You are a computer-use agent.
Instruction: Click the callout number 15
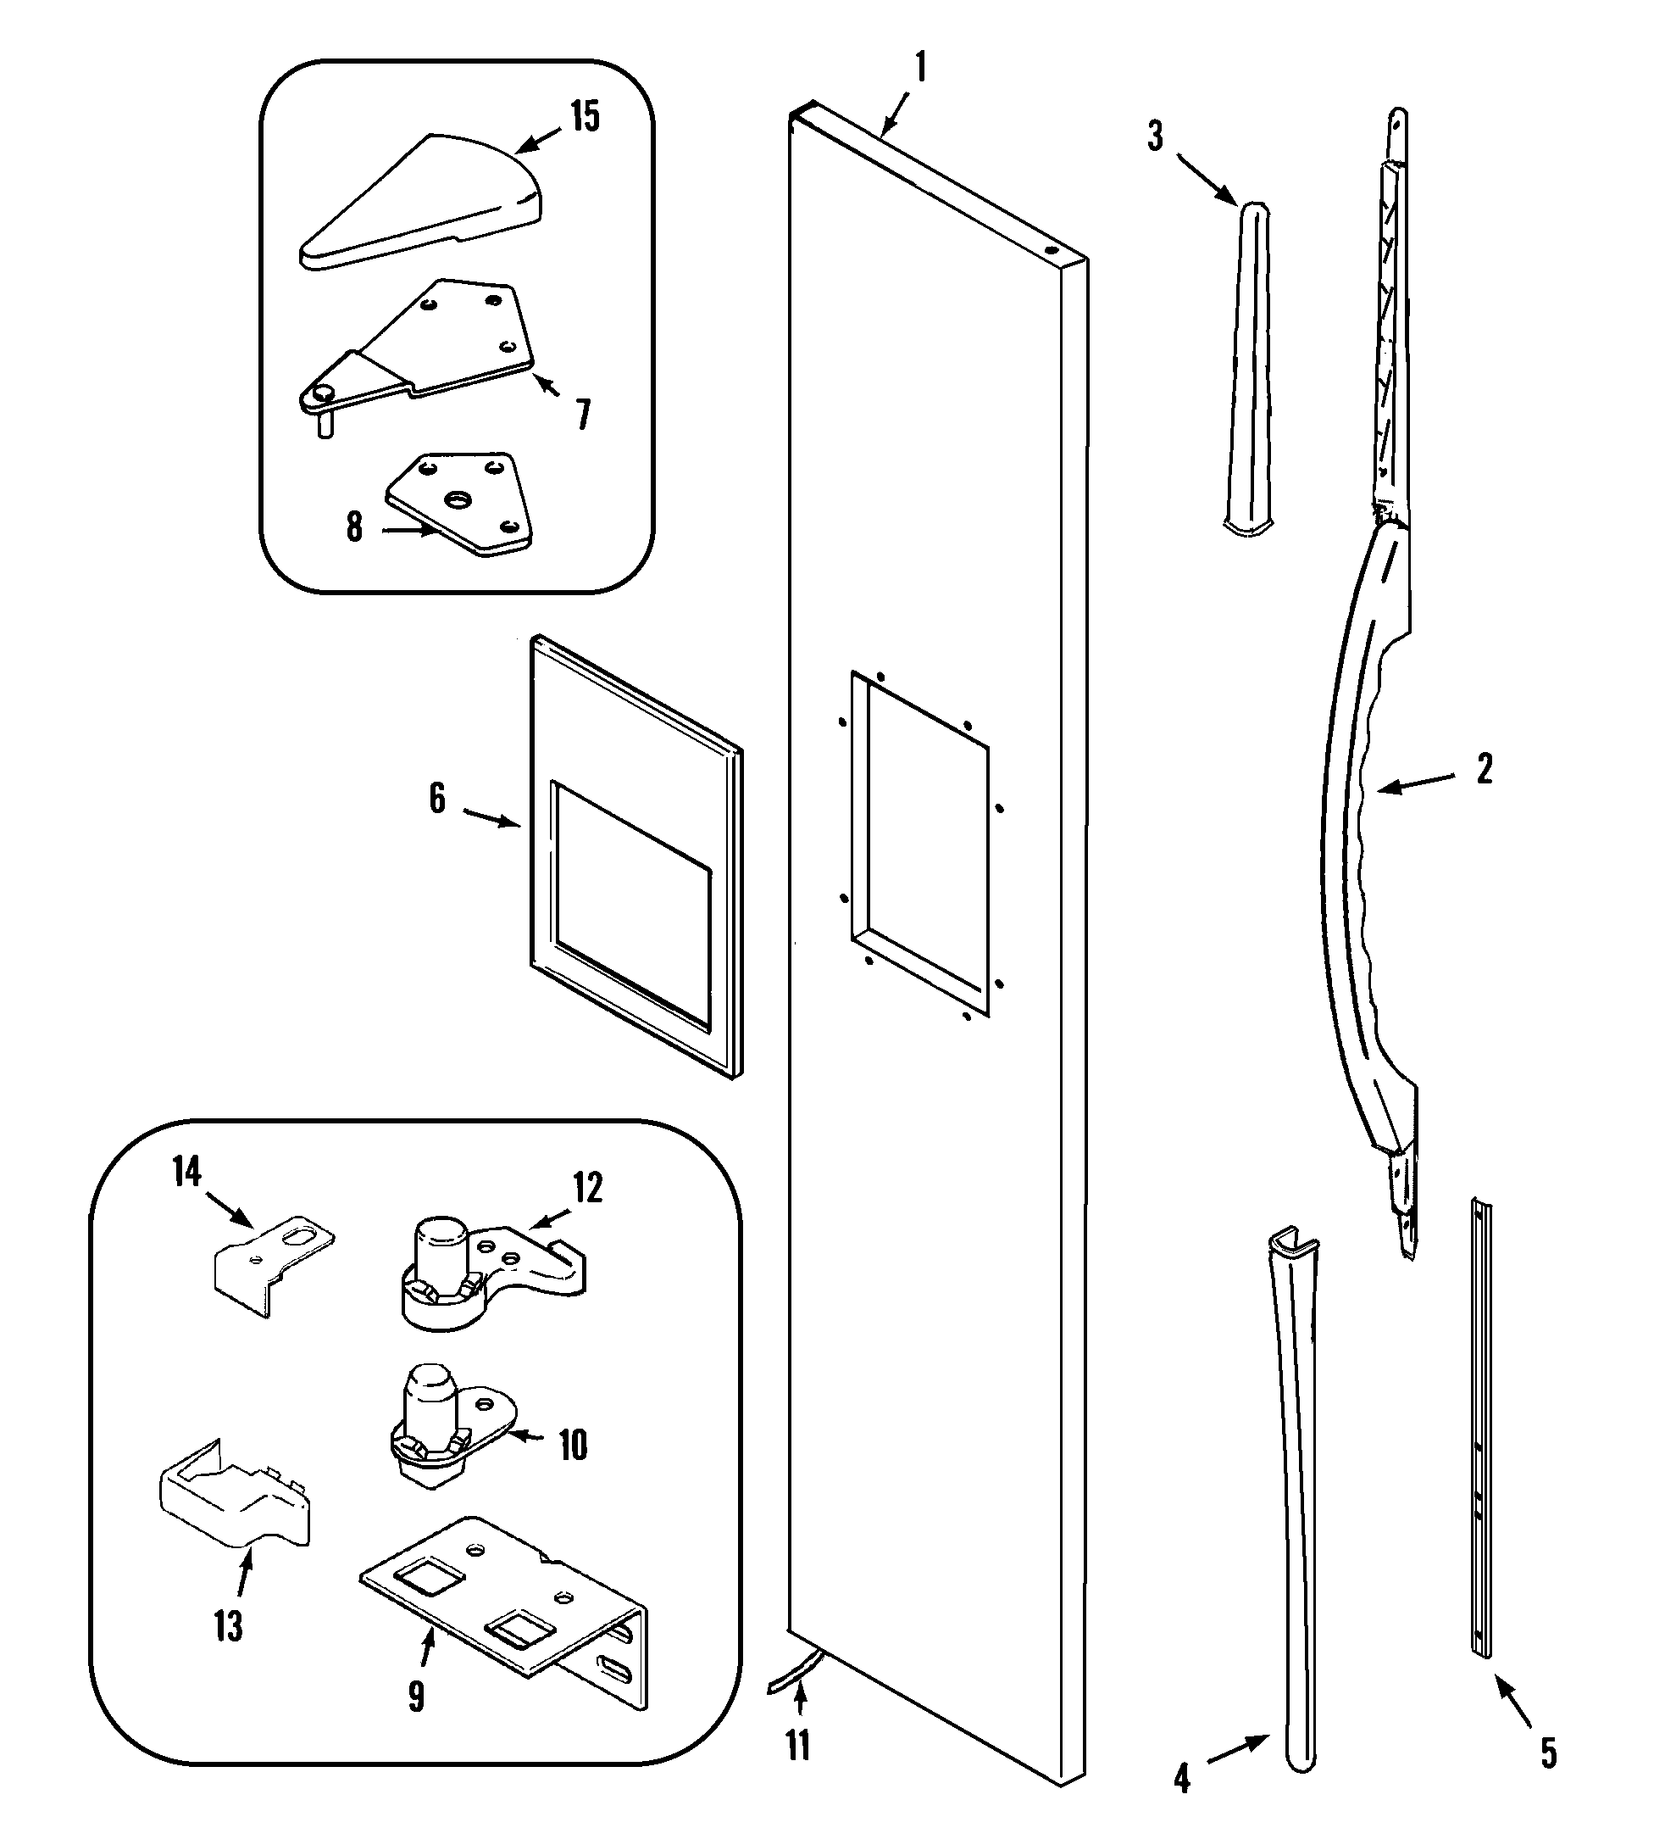[585, 117]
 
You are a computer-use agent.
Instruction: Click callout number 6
[438, 798]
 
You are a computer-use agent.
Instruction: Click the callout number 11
[798, 1746]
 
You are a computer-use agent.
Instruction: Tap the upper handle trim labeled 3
[1247, 365]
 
